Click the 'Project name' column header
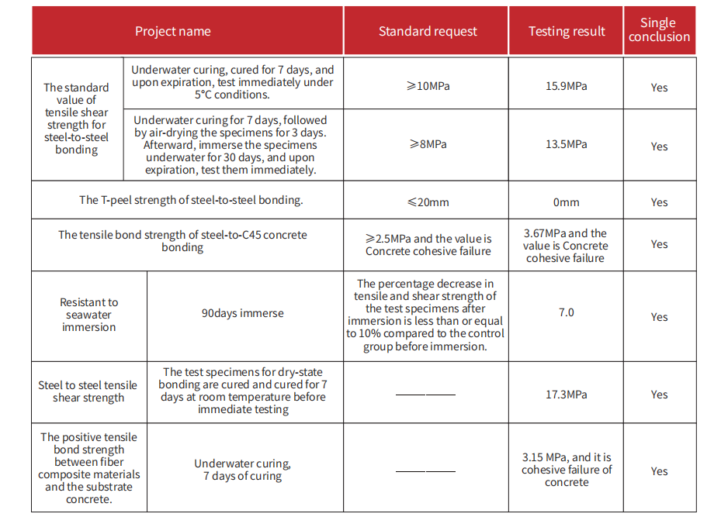172,32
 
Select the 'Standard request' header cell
428,32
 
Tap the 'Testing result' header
567,32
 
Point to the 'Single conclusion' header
659,30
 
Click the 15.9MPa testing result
567,86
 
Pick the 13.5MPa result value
567,144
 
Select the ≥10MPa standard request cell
428,86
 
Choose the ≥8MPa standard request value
428,144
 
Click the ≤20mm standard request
428,202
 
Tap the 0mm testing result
567,202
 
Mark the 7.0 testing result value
567,312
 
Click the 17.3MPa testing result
567,395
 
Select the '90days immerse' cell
243,314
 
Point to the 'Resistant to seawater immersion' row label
88,315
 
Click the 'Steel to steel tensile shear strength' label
88,391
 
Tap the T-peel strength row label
191,200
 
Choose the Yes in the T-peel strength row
659,202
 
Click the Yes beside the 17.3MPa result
659,395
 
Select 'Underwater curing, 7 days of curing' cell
243,470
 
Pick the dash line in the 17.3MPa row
425,395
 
